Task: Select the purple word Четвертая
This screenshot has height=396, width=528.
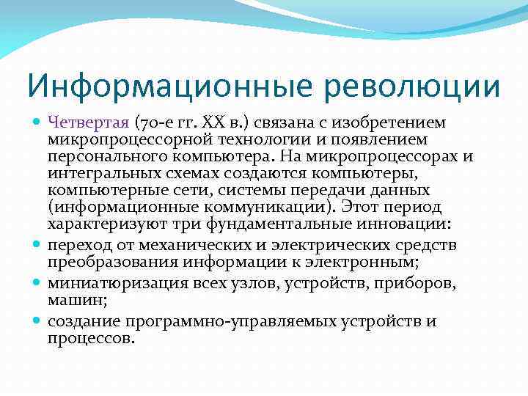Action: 89,121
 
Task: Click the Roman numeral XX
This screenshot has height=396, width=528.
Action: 209,121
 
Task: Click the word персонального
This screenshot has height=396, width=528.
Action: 101,155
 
